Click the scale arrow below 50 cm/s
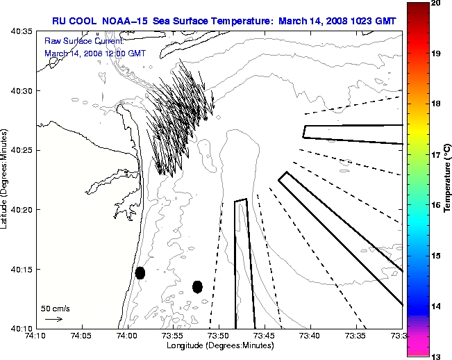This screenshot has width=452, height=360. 53,319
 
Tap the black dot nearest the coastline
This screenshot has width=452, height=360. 140,272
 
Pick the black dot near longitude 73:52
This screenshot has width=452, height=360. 197,286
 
